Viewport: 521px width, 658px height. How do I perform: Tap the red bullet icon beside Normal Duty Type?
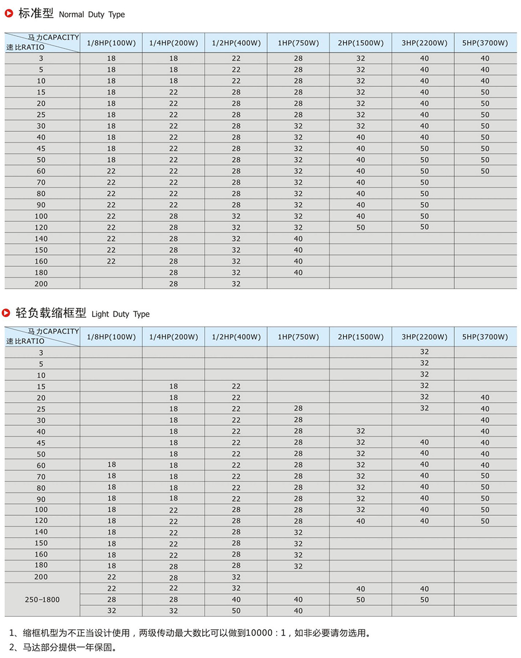point(9,14)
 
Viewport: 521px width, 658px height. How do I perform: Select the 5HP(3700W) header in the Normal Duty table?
point(485,43)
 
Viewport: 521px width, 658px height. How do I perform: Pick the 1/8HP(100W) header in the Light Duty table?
point(111,337)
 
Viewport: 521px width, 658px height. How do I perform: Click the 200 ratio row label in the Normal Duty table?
point(41,284)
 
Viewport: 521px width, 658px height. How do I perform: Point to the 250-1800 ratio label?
point(42,600)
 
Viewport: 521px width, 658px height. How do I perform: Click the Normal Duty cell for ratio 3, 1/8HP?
point(111,58)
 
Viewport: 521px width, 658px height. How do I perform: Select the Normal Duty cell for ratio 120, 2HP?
point(361,228)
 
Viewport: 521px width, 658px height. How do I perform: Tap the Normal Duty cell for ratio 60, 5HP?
point(485,171)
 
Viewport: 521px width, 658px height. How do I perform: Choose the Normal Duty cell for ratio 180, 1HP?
point(298,272)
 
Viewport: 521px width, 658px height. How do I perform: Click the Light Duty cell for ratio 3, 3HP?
point(424,352)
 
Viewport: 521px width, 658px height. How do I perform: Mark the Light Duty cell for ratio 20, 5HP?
point(485,398)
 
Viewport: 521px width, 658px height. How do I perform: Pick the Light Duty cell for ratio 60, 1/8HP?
point(111,465)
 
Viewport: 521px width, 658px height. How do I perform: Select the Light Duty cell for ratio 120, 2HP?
point(361,521)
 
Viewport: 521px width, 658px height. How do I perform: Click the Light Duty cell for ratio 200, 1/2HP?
point(236,577)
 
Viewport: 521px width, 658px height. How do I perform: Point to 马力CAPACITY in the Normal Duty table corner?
point(53,38)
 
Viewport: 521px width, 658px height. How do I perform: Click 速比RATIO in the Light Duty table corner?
point(25,341)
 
